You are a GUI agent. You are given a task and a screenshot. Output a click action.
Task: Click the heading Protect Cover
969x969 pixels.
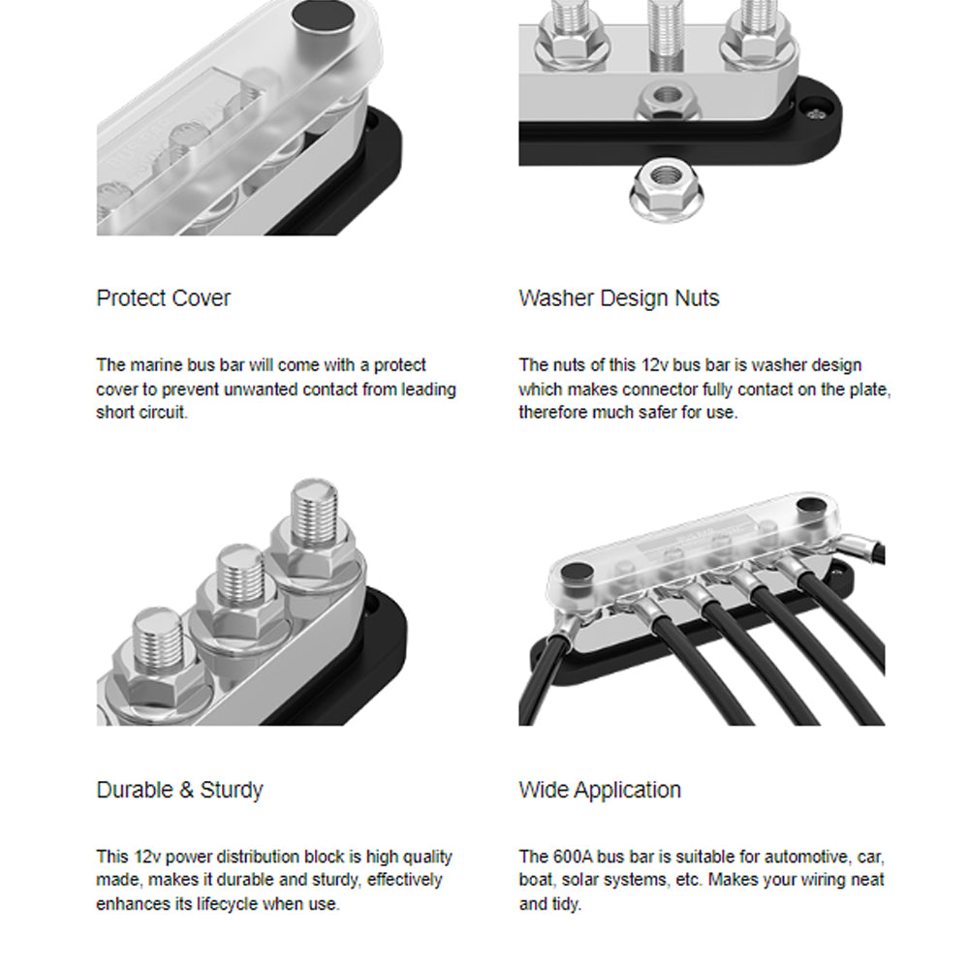tap(163, 298)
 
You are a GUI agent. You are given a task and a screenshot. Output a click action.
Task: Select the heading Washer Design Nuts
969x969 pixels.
tap(618, 298)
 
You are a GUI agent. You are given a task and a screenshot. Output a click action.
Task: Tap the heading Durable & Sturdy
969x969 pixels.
tap(180, 791)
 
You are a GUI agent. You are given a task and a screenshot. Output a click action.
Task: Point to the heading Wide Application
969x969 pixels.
tap(600, 791)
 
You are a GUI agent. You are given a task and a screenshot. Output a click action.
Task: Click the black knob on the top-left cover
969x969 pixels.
tap(324, 16)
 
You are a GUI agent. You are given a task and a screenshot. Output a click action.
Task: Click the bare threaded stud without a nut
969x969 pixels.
tap(667, 36)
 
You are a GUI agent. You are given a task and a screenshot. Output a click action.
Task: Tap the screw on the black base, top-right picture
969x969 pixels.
tap(816, 112)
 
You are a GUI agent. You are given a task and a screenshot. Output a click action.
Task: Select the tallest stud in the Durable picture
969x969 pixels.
tap(315, 513)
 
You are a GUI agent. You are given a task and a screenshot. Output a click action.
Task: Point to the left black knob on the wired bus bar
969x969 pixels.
tap(576, 574)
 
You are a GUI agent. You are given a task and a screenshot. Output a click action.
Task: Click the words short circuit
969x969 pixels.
tap(141, 412)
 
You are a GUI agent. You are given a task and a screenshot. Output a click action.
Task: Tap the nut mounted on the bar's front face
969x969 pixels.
tap(667, 99)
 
